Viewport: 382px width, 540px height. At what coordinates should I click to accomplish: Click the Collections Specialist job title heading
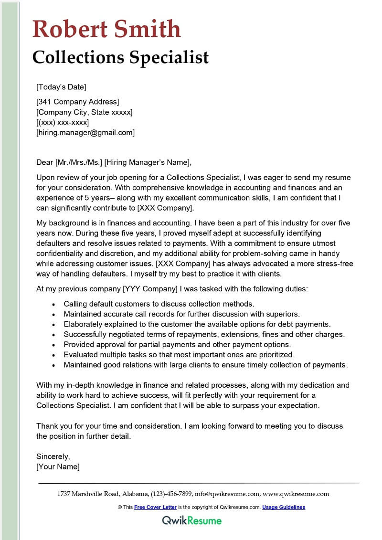pyautogui.click(x=120, y=57)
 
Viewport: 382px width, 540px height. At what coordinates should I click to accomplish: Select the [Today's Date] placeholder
pyautogui.click(x=61, y=87)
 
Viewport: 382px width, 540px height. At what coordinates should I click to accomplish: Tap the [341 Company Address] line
pyautogui.click(x=77, y=102)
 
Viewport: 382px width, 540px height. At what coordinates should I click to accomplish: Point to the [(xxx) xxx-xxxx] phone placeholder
pyautogui.click(x=63, y=122)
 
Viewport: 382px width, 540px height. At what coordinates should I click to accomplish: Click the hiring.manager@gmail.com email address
pyautogui.click(x=85, y=133)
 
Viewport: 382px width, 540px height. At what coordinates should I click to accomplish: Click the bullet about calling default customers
pyautogui.click(x=159, y=304)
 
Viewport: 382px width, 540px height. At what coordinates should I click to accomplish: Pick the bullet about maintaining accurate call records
pyautogui.click(x=181, y=314)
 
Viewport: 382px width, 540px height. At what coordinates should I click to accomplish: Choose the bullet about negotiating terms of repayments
pyautogui.click(x=204, y=334)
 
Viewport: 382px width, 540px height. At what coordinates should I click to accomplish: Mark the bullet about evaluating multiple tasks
pyautogui.click(x=179, y=355)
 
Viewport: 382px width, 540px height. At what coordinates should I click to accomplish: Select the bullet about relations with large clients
pyautogui.click(x=205, y=365)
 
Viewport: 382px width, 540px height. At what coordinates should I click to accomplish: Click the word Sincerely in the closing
pyautogui.click(x=53, y=456)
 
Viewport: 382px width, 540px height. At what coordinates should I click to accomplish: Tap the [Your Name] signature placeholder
pyautogui.click(x=58, y=466)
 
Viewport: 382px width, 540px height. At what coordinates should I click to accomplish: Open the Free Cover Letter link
pyautogui.click(x=155, y=507)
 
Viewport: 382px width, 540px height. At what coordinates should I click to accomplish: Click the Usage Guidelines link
pyautogui.click(x=284, y=507)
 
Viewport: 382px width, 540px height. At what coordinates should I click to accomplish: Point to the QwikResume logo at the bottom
pyautogui.click(x=191, y=520)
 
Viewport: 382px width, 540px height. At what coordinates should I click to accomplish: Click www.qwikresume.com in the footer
pyautogui.click(x=296, y=494)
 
